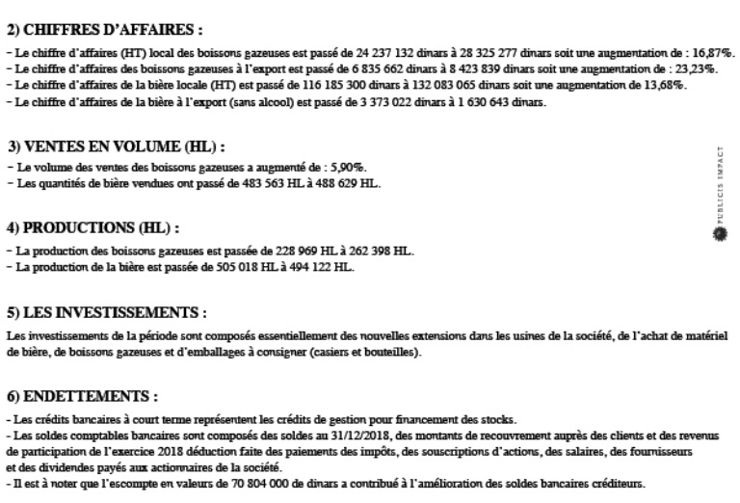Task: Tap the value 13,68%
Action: pyautogui.click(x=665, y=86)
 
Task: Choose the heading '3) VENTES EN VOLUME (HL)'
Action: pyautogui.click(x=116, y=146)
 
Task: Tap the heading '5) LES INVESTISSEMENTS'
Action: pyautogui.click(x=106, y=313)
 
